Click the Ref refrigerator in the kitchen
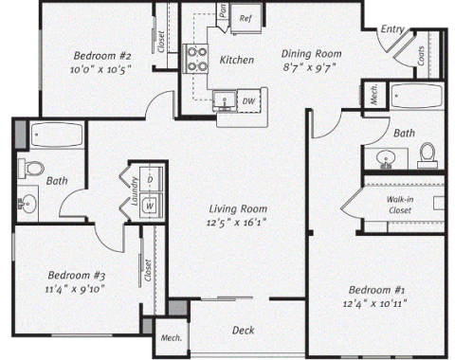coord(246,18)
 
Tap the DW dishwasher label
coord(248,101)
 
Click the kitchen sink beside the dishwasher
coord(225,100)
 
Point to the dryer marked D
coord(151,179)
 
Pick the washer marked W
coord(151,206)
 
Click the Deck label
coord(243,331)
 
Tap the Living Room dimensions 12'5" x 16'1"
coord(236,223)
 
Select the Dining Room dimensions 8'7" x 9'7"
coord(309,67)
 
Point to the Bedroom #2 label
coord(102,56)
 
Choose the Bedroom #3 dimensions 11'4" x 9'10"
coord(75,289)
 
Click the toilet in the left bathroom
coord(31,168)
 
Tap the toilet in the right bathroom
coord(428,155)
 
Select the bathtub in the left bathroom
coord(57,135)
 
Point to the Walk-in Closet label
coord(400,205)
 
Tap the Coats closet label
coord(421,56)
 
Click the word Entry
coord(392,29)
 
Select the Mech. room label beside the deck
coord(172,337)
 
